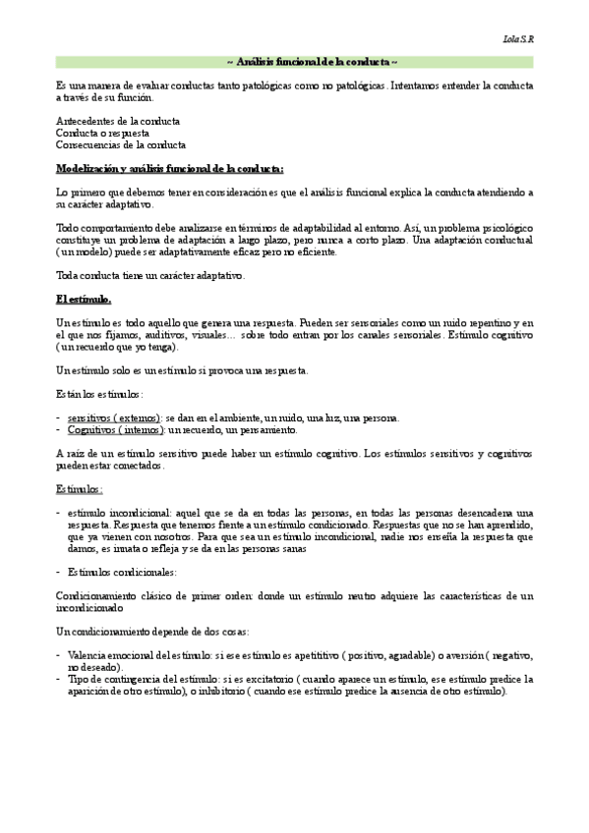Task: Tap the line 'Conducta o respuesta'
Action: pos(103,133)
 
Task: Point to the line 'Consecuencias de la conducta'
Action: pos(121,144)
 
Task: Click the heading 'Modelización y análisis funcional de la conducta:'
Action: pos(170,169)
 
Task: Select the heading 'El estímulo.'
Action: pos(84,299)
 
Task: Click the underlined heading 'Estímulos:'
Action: pos(80,488)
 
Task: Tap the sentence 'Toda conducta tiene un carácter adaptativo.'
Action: pos(150,276)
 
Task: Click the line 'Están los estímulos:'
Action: pos(99,394)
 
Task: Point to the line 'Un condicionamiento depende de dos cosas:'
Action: pos(151,630)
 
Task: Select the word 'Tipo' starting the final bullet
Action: pos(78,679)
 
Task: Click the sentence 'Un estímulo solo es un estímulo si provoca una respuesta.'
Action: pos(182,370)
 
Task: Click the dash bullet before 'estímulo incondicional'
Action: pos(59,514)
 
